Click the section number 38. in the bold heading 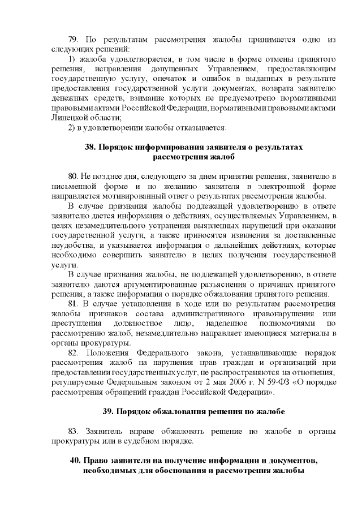pyautogui.click(x=90, y=147)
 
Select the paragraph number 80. pyautogui.click(x=72, y=177)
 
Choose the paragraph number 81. pyautogui.click(x=72, y=304)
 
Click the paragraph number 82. pyautogui.click(x=72, y=352)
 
